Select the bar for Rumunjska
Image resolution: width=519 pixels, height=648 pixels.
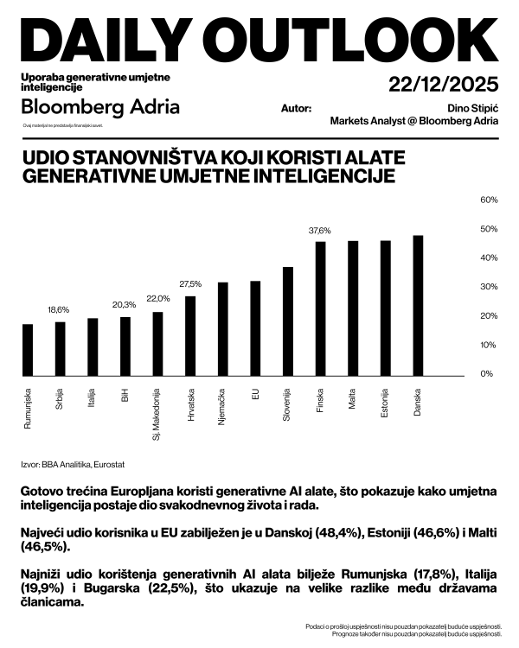pos(28,349)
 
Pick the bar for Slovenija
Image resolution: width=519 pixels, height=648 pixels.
pos(288,321)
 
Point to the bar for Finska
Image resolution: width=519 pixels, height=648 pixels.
pos(320,308)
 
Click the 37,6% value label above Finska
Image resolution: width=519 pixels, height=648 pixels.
pos(320,231)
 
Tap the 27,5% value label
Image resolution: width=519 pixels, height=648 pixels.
pos(190,283)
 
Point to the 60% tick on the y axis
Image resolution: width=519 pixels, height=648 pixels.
pos(488,200)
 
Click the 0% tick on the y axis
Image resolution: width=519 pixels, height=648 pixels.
pos(486,374)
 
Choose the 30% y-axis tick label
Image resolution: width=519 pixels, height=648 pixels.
pos(488,287)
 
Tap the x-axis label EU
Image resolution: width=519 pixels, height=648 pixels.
pos(255,394)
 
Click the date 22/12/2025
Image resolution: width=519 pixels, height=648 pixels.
pos(444,86)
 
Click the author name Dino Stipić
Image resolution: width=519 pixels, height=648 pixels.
pos(468,108)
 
